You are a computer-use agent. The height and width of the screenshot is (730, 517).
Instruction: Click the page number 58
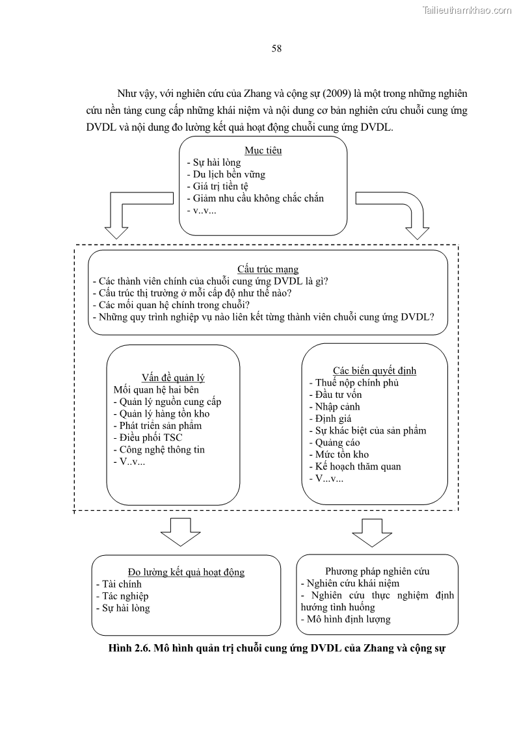coord(276,48)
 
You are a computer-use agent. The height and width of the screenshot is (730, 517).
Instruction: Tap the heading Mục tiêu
coord(263,150)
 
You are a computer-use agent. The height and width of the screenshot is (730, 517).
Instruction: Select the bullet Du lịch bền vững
coord(225,174)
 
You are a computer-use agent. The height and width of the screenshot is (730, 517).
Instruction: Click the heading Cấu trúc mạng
coord(268,269)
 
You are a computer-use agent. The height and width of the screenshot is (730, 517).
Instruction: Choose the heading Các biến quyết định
coord(375,371)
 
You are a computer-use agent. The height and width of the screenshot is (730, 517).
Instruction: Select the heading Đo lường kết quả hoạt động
coord(186,571)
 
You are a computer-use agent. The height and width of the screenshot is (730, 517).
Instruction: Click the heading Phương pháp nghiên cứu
coord(377,571)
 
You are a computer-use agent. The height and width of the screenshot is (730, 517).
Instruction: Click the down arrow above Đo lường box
coord(180,532)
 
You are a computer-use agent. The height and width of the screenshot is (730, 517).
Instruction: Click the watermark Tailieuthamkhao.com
coord(467,10)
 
